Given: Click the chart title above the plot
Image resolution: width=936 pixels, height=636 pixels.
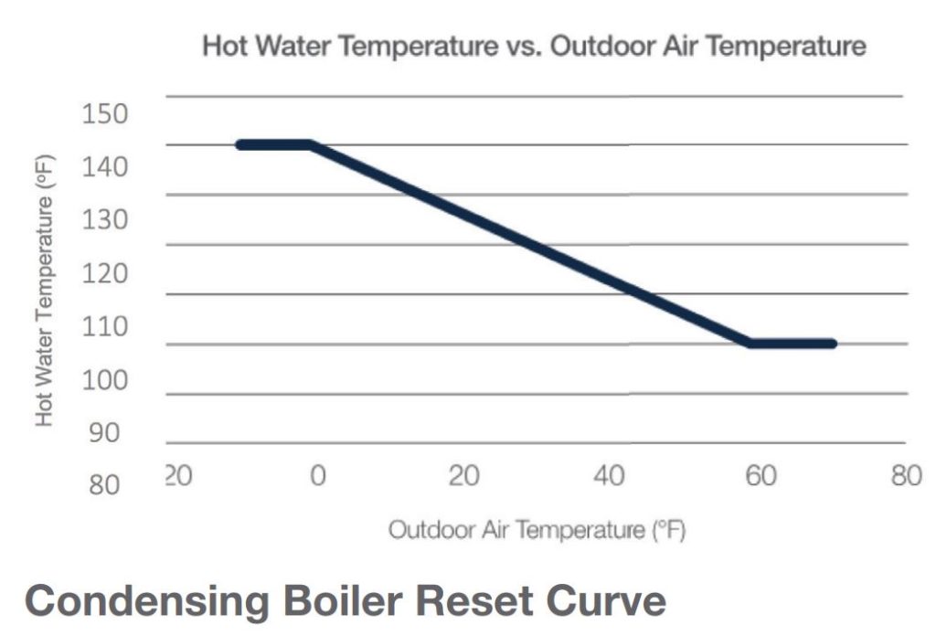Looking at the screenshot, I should (x=534, y=47).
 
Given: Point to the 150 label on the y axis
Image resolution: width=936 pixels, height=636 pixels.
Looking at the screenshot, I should (x=105, y=115).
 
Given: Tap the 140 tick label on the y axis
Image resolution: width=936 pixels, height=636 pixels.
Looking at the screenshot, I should (x=105, y=168).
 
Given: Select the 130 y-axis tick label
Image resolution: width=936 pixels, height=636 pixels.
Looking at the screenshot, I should (x=105, y=221).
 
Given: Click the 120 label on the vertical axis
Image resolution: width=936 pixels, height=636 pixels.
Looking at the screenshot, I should (x=105, y=274).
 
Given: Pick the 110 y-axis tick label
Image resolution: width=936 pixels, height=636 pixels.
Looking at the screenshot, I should (x=105, y=327).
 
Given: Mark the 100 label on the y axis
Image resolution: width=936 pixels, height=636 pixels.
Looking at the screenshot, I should (x=105, y=380).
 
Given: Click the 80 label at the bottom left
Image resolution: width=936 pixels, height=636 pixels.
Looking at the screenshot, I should (x=105, y=485).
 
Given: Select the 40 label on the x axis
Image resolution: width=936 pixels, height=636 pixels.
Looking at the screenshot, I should (x=610, y=477).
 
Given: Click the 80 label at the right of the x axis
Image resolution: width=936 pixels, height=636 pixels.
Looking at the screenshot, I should (x=905, y=477).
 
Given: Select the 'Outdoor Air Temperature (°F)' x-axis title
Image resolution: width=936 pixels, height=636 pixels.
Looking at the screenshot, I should (x=537, y=530).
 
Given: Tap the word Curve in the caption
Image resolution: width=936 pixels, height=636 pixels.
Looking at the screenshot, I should (x=601, y=603).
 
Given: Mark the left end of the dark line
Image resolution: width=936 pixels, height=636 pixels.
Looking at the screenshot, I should (x=239, y=144).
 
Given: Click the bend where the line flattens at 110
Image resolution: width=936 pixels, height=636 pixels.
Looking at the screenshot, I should (x=750, y=344).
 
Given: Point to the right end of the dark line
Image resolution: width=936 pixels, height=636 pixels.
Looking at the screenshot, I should (x=832, y=344).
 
